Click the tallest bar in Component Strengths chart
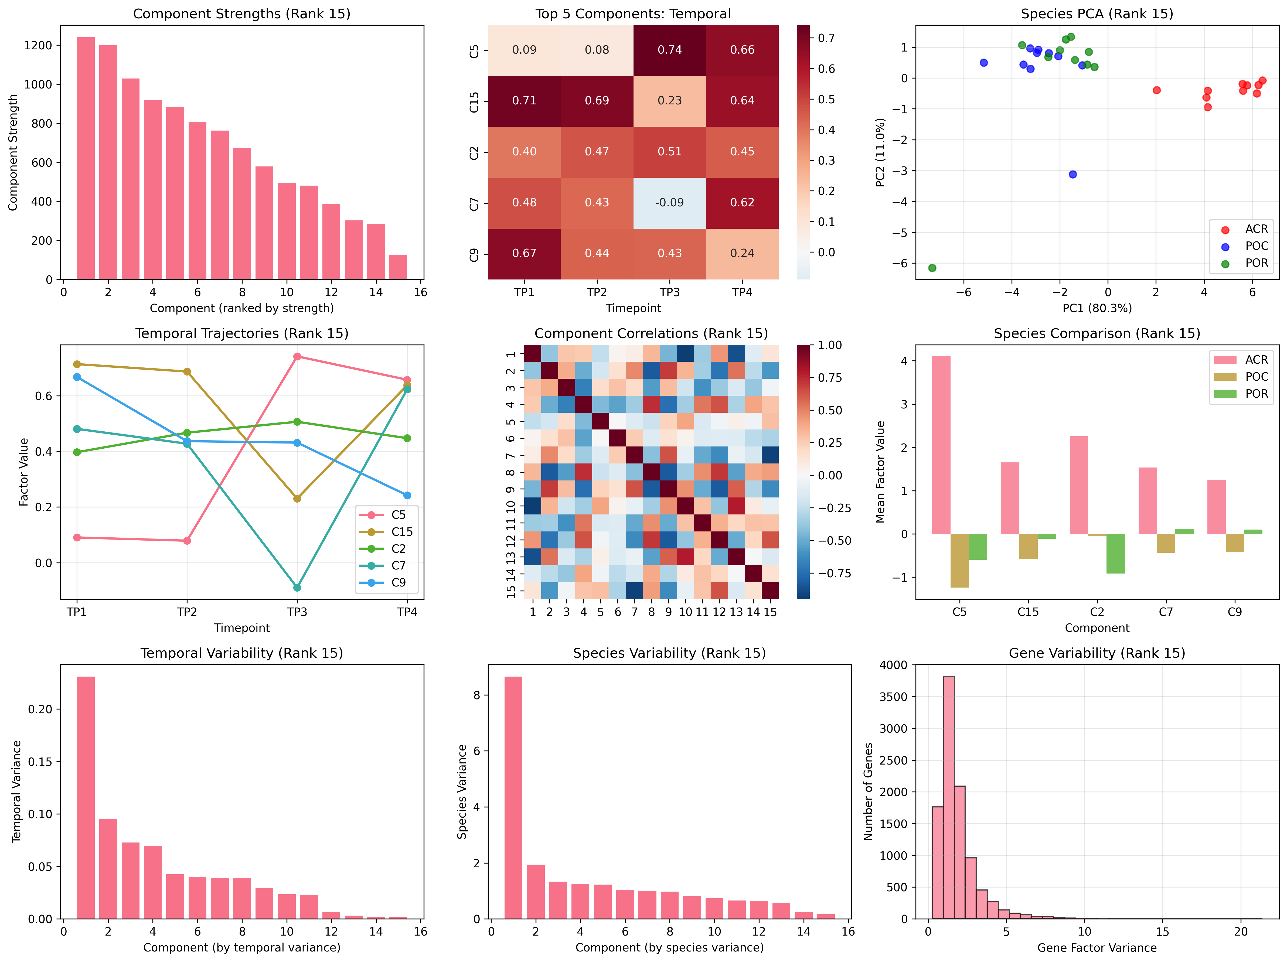(86, 158)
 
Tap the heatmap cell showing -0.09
(670, 202)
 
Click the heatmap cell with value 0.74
(670, 50)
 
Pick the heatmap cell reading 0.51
(670, 151)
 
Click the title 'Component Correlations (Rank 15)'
(651, 333)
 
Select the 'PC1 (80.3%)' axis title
(1097, 308)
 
